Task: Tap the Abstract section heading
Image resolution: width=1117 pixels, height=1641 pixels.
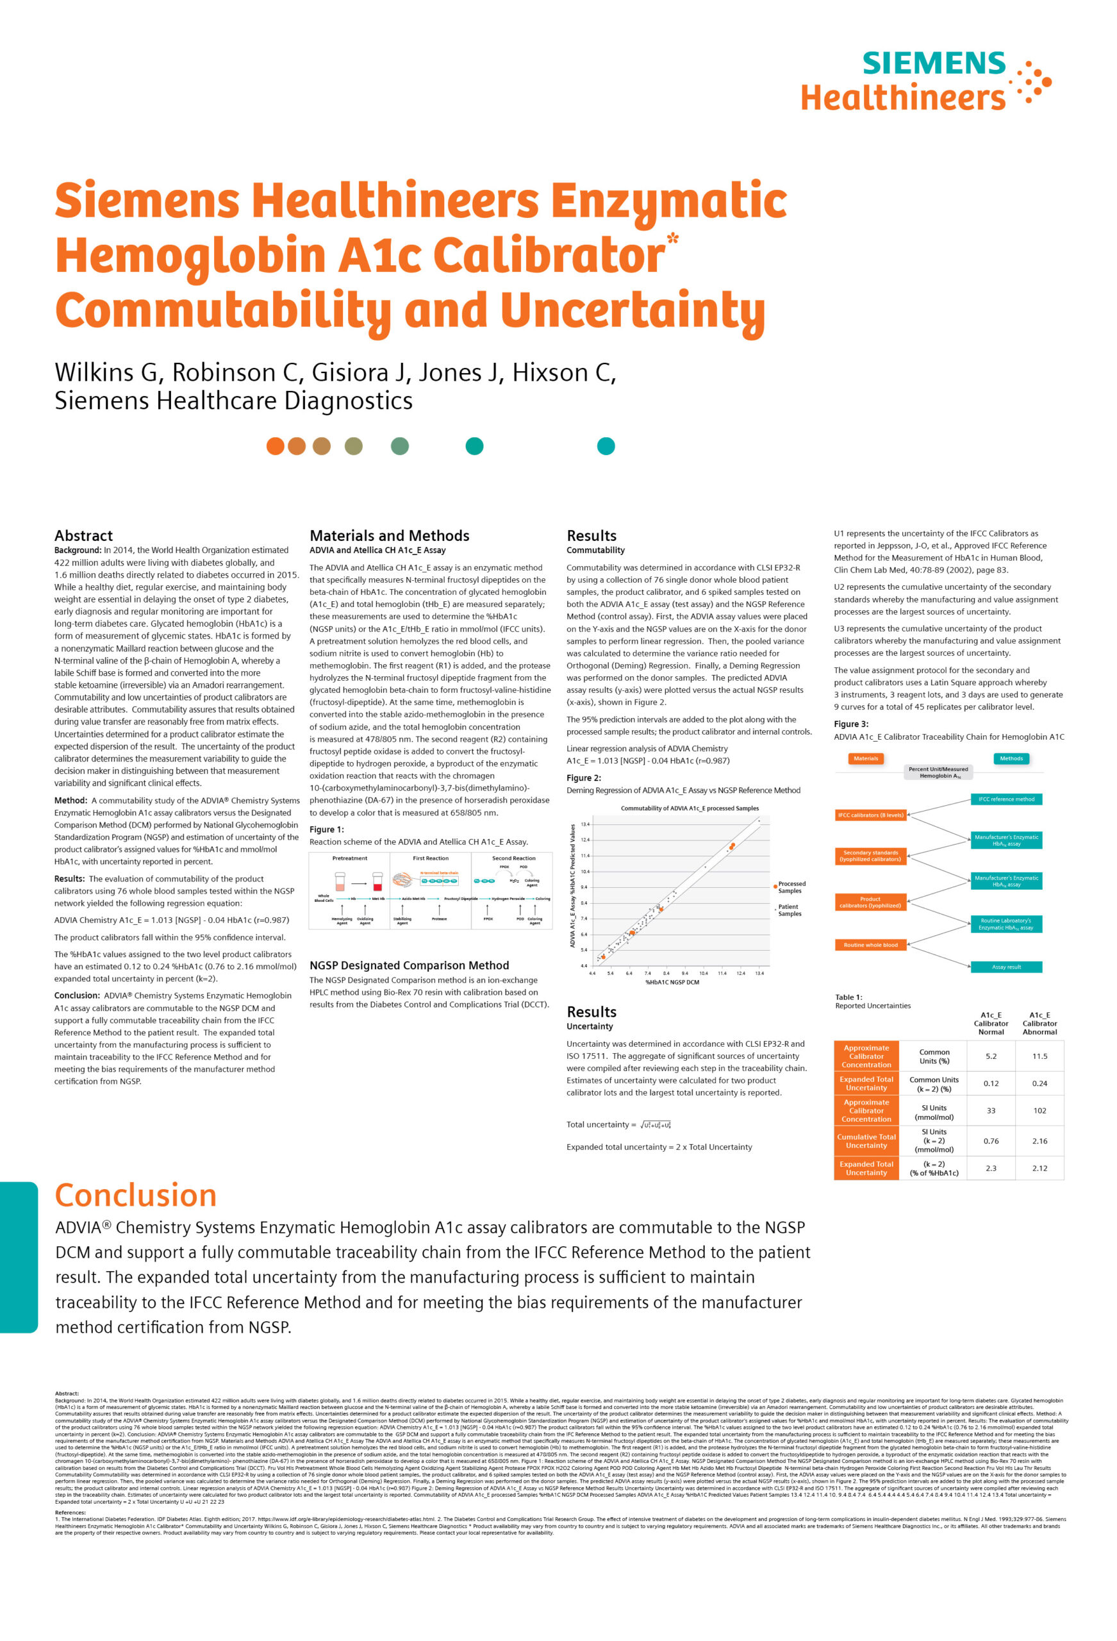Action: [83, 535]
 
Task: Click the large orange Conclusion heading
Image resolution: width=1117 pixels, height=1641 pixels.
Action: [136, 1195]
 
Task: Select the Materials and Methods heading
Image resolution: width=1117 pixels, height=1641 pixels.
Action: [389, 535]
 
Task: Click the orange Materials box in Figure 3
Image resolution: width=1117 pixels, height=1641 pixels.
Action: [866, 758]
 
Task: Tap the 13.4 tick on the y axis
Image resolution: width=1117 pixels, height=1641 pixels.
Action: [584, 824]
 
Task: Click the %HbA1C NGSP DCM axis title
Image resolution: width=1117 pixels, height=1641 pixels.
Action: [672, 982]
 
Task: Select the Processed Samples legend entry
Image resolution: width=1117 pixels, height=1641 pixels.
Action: [790, 887]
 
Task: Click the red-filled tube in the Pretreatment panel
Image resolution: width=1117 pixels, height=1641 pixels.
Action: [377, 881]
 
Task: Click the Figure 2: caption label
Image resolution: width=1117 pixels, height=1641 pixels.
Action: [583, 778]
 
